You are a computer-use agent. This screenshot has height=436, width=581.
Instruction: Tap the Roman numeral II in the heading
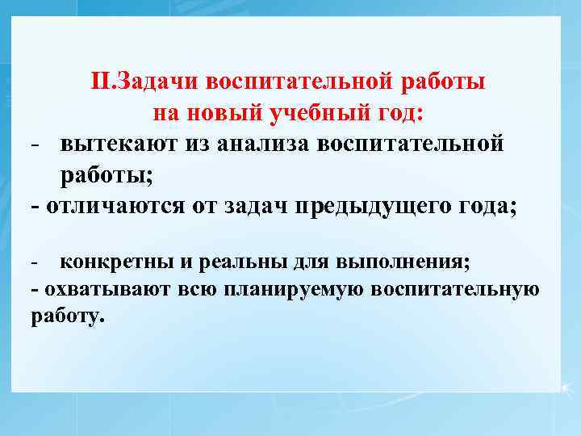click(101, 82)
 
